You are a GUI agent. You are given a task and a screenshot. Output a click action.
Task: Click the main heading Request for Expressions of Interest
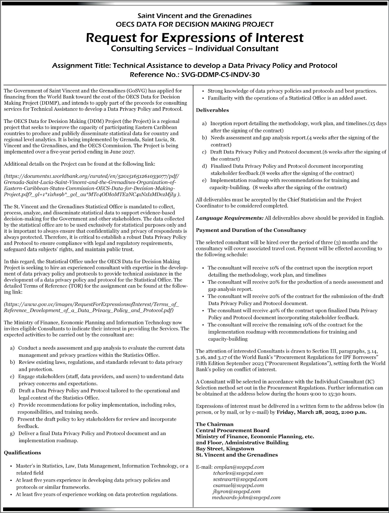194,37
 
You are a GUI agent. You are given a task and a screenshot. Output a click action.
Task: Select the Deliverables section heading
212,110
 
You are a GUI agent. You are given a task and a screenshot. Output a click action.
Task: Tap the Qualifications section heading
22,453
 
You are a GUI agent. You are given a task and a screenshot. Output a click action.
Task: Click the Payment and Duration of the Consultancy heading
251,230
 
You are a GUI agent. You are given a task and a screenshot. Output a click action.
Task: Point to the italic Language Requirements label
230,218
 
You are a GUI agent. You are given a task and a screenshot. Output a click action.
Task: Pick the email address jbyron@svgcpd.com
236,492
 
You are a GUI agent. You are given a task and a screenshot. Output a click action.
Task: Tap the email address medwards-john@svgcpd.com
246,498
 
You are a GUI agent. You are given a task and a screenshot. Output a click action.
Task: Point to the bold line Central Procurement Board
233,430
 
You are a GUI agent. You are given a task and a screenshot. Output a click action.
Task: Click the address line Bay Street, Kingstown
225,449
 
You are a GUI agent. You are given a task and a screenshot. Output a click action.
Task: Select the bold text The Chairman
215,424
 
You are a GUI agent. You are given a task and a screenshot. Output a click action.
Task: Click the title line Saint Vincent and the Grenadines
194,16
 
